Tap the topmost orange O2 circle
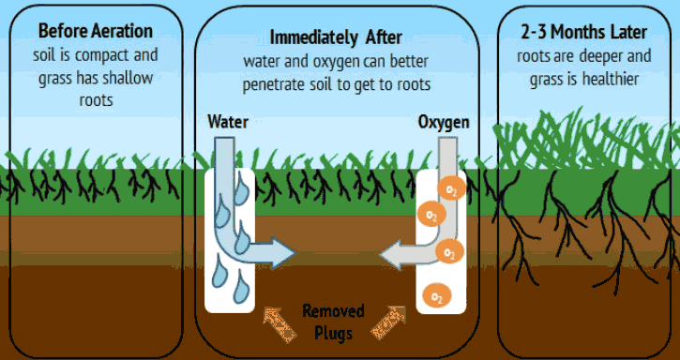pyautogui.click(x=450, y=189)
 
